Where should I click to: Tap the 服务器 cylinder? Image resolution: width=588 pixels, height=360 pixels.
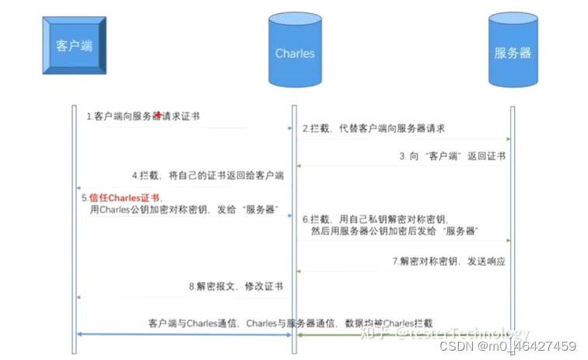pyautogui.click(x=512, y=53)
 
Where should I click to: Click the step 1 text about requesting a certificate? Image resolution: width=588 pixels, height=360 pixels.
pyautogui.click(x=142, y=116)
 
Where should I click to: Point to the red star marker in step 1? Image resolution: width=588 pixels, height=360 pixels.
pyautogui.click(x=159, y=114)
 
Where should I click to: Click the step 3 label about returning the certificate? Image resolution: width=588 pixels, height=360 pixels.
pyautogui.click(x=457, y=156)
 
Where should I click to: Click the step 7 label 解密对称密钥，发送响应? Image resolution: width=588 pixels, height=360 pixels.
pyautogui.click(x=448, y=260)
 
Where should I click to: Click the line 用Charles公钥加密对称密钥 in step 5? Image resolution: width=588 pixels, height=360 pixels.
pyautogui.click(x=184, y=210)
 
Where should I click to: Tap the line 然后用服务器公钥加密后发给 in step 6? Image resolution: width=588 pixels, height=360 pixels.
pyautogui.click(x=394, y=232)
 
